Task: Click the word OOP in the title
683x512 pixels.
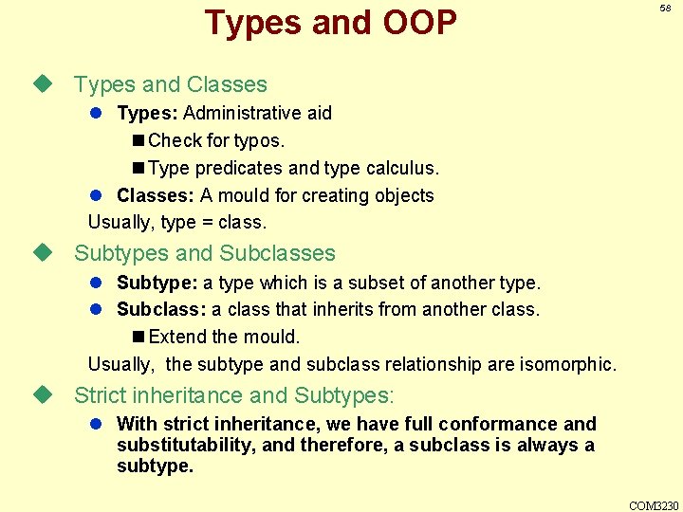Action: coord(409,23)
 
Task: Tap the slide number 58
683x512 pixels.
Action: coord(665,8)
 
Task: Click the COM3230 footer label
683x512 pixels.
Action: coord(655,505)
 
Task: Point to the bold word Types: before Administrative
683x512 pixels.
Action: coord(147,114)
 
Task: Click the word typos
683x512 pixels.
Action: coord(262,141)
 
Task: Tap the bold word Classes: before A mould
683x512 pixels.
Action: coord(155,196)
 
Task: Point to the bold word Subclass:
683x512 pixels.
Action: coord(161,310)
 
